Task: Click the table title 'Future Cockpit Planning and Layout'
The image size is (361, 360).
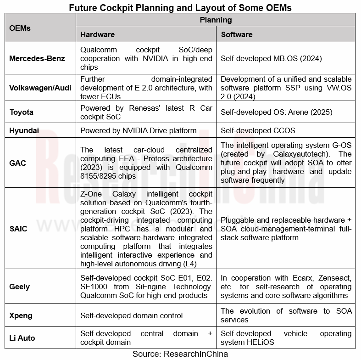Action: click(x=180, y=7)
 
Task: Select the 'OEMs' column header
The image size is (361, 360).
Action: click(x=20, y=28)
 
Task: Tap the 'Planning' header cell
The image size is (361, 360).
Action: click(x=216, y=20)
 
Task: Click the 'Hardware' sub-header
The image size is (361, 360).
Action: click(x=97, y=34)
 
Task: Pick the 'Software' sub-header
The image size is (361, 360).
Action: click(x=237, y=34)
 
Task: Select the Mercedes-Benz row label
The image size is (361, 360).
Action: click(x=37, y=58)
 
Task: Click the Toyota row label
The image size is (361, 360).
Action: click(x=22, y=112)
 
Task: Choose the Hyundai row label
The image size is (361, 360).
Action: click(x=23, y=130)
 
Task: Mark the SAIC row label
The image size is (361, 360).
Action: click(x=18, y=229)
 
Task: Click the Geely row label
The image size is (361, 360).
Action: click(x=20, y=287)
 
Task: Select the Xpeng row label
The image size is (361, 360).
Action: click(x=21, y=315)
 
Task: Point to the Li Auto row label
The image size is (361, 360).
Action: click(x=22, y=338)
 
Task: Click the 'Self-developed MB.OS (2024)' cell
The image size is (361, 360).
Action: click(x=271, y=59)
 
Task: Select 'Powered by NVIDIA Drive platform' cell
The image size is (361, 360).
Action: click(x=138, y=130)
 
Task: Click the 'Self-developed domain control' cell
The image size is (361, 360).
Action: click(x=131, y=315)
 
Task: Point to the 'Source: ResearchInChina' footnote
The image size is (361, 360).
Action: click(x=180, y=354)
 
